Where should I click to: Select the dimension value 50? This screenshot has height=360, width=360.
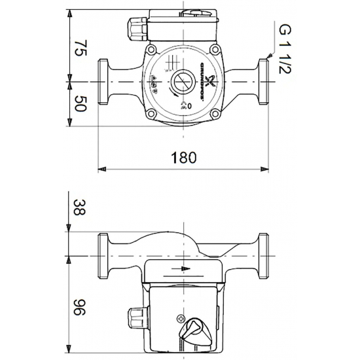(x=79, y=103)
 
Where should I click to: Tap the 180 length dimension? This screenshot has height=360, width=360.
(x=183, y=158)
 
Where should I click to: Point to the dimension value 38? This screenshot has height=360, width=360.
(x=79, y=209)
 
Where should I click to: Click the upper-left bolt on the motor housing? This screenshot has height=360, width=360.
(x=152, y=50)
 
